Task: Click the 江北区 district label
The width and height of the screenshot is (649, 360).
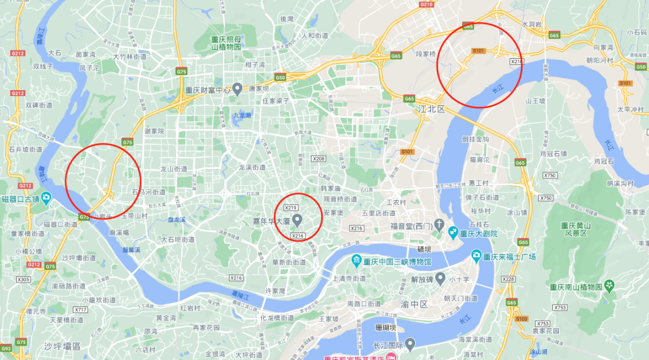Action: coord(431,109)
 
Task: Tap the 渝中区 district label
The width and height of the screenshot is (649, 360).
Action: coord(415,304)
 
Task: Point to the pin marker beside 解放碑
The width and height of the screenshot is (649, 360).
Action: coord(440,279)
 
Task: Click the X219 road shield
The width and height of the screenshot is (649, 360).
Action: coord(291,207)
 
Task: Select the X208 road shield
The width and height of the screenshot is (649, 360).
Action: coord(318,159)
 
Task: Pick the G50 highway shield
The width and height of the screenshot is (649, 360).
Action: coord(280,78)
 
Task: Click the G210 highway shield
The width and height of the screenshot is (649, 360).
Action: coord(426,4)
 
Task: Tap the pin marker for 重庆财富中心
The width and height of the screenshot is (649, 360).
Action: coord(237,90)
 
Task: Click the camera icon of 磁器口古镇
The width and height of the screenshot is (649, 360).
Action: coord(47,199)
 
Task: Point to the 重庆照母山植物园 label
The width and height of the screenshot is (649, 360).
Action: coord(226,43)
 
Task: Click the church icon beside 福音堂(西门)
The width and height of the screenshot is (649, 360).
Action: coord(440,226)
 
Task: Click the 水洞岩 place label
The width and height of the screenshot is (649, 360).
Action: coord(532,25)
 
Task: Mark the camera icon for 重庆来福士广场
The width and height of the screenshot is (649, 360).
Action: coord(477,257)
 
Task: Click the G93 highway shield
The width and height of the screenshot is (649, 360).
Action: coord(6,348)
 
